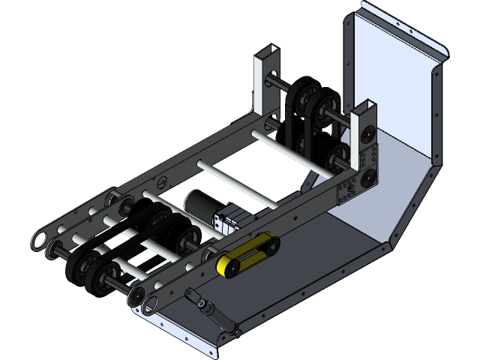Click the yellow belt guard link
pyautogui.click(x=247, y=255)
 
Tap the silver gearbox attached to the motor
pyautogui.click(x=229, y=219)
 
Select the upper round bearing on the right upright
pyautogui.click(x=368, y=136)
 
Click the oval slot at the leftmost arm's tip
pyautogui.click(x=40, y=240)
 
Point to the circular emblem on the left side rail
pyautogui.click(x=163, y=181)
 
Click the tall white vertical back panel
pyautogui.click(x=390, y=60)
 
